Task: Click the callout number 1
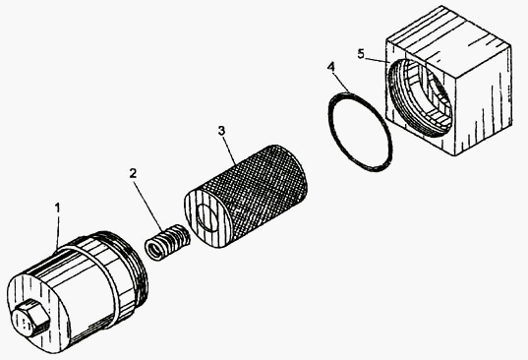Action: (x=58, y=208)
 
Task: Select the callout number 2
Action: (x=134, y=173)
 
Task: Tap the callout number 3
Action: (x=221, y=131)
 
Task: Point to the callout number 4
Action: (x=331, y=67)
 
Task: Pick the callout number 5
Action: (x=361, y=54)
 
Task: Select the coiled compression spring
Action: (x=167, y=241)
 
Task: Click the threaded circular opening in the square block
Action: (x=420, y=97)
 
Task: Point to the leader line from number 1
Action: (x=57, y=232)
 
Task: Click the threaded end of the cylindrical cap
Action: (x=137, y=266)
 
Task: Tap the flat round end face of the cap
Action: (x=37, y=312)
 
